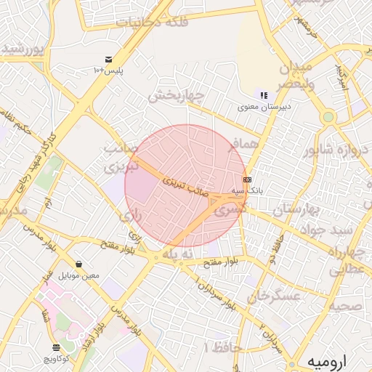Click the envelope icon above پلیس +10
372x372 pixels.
click(x=108, y=60)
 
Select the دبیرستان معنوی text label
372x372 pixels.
click(x=264, y=107)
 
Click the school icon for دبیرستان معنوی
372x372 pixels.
click(x=264, y=95)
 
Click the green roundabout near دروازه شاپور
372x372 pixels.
click(x=328, y=116)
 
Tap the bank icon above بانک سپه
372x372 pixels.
click(x=247, y=179)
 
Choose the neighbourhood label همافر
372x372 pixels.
click(x=243, y=146)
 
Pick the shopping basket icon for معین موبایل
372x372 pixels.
click(x=78, y=264)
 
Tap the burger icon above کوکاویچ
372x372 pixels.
click(x=57, y=348)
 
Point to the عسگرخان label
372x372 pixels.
click(x=274, y=296)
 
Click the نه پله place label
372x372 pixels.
click(x=178, y=254)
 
